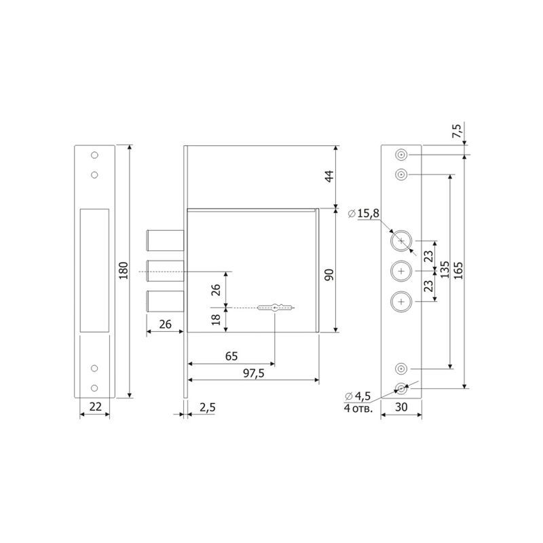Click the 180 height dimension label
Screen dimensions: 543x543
(124, 270)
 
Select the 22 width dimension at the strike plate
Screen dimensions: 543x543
(95, 407)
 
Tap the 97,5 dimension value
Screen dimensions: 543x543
(254, 373)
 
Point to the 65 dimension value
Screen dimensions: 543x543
(231, 356)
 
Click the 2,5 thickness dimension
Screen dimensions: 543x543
(208, 408)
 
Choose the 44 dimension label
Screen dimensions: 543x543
(330, 176)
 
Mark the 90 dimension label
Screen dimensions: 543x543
(329, 275)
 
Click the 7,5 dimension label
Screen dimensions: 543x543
(457, 131)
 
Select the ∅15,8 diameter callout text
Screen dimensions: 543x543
(363, 213)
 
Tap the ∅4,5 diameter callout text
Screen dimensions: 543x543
(358, 396)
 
